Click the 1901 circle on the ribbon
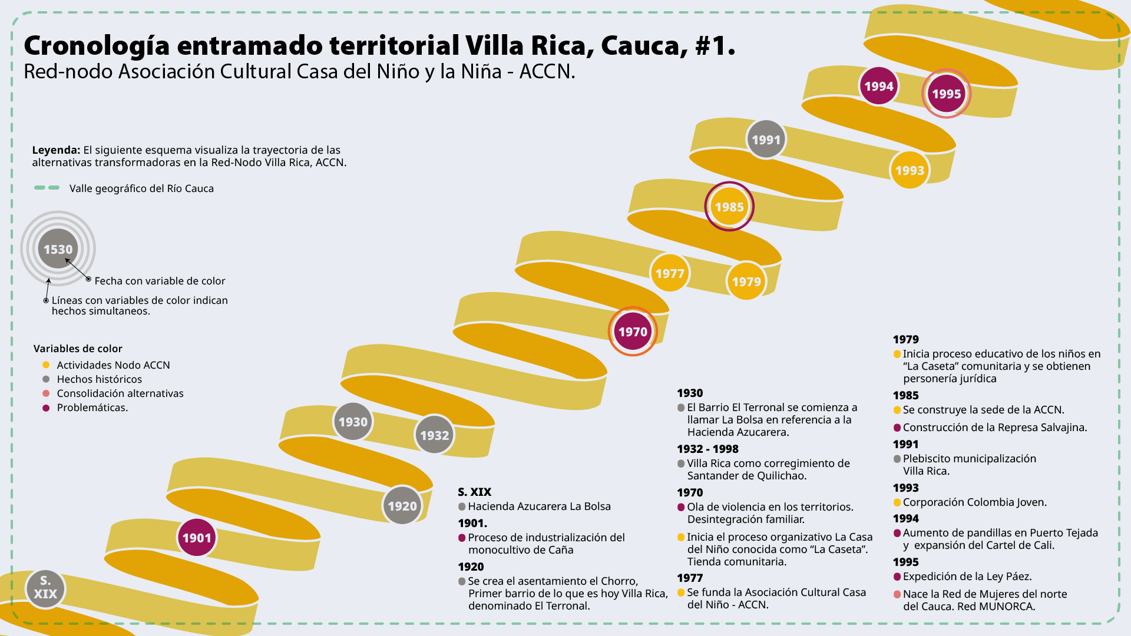[x=197, y=538]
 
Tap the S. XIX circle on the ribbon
[x=45, y=588]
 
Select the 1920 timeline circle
[x=402, y=506]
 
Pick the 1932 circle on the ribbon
[x=435, y=435]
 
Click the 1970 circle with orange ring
[x=633, y=332]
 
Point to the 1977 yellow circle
[x=670, y=273]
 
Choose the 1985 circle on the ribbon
[x=729, y=207]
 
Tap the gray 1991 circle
[x=766, y=140]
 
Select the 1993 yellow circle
[x=910, y=170]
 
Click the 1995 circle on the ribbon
[x=946, y=94]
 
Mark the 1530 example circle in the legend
[x=58, y=249]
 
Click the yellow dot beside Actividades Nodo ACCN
[x=46, y=365]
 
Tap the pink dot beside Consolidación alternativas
[x=46, y=393]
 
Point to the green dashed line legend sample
[x=47, y=188]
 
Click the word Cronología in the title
[x=97, y=46]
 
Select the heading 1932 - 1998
[x=707, y=449]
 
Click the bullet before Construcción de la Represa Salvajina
[x=897, y=428]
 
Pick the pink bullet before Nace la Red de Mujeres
[x=897, y=594]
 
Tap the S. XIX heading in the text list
[x=474, y=492]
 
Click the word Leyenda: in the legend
[x=56, y=150]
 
